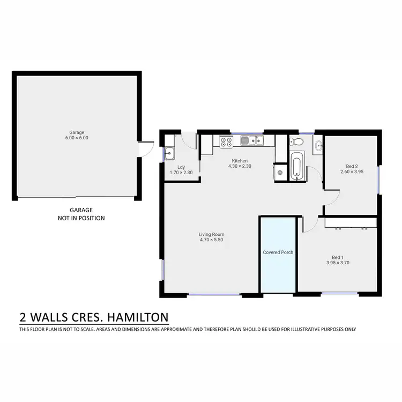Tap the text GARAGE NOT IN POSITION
[81, 214]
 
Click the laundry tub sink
[169, 153]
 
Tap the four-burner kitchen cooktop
[226, 142]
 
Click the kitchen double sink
[250, 141]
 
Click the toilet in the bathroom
[295, 142]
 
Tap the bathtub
[296, 166]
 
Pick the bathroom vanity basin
[319, 145]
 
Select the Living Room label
[211, 237]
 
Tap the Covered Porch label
[278, 252]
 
